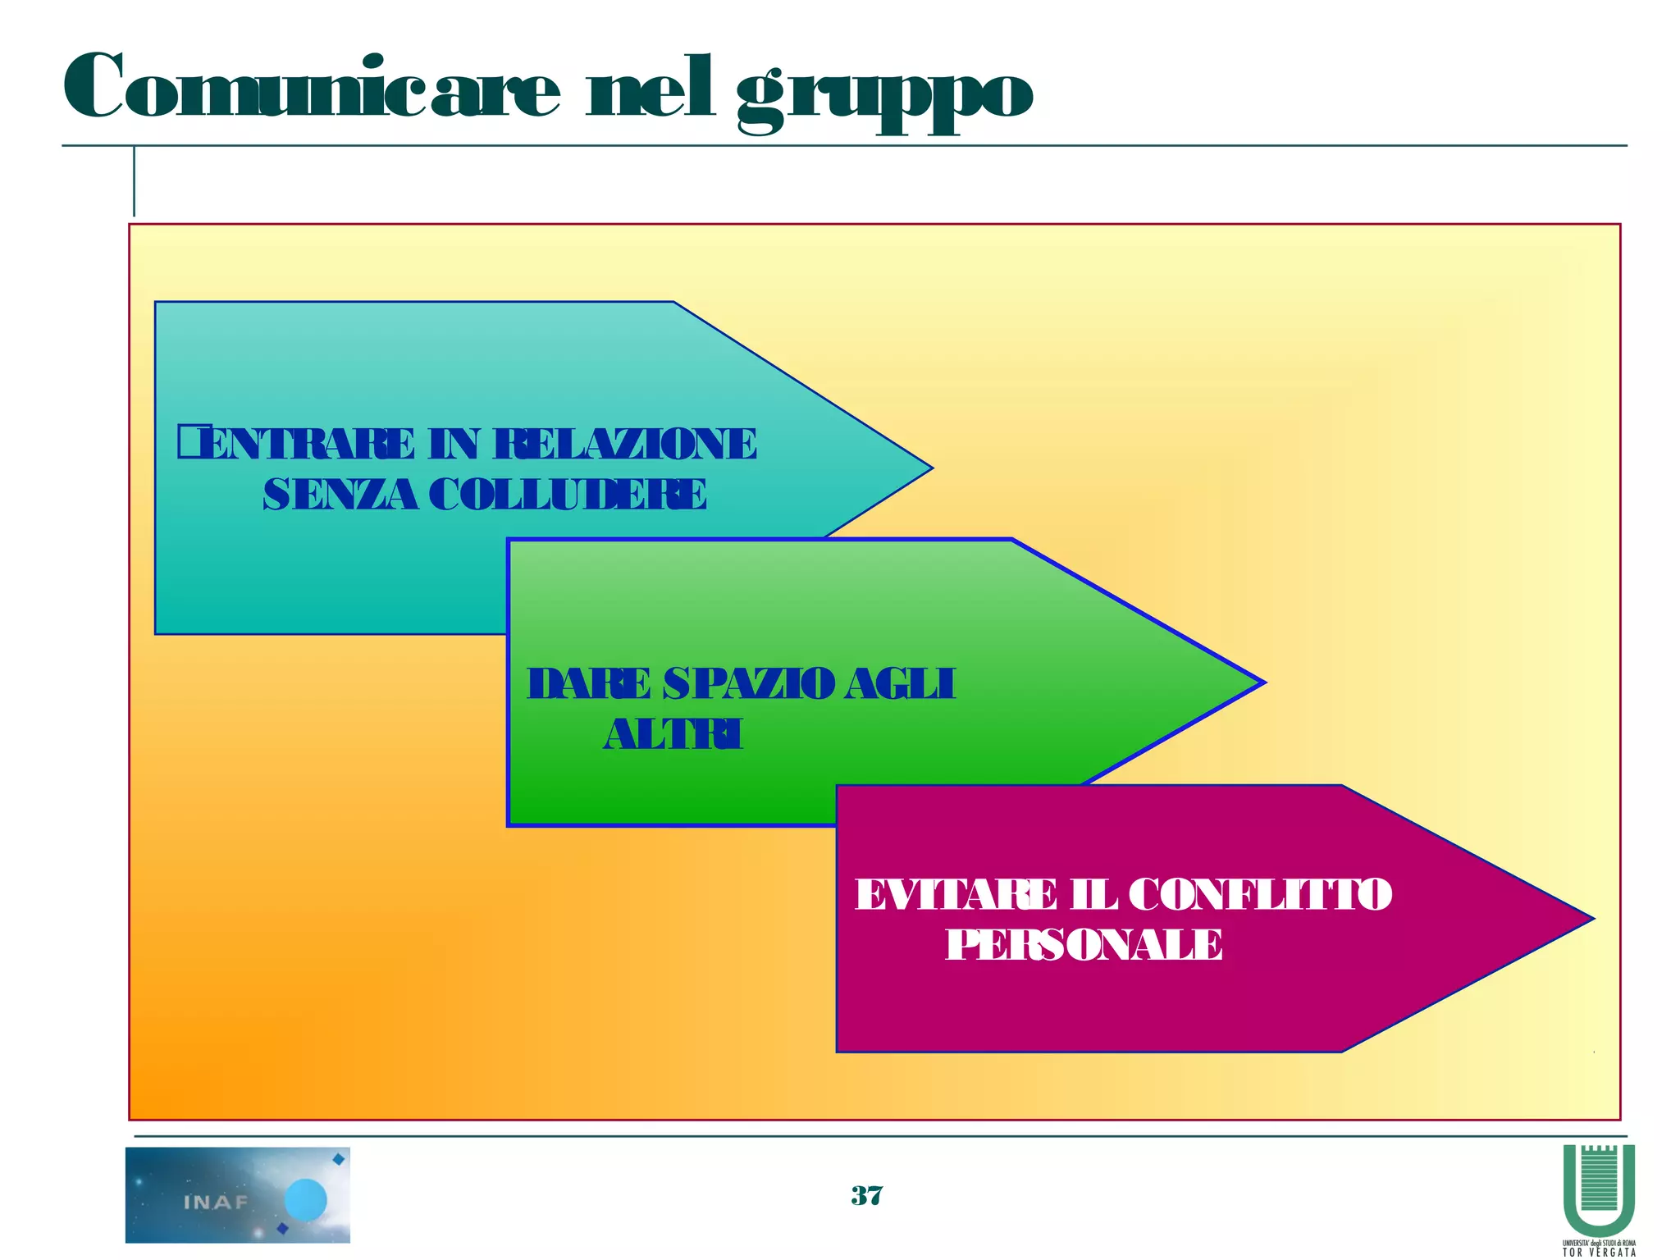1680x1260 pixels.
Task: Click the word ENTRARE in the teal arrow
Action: (x=308, y=445)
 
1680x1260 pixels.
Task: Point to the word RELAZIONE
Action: (x=625, y=445)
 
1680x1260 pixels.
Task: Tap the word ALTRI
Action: (x=673, y=734)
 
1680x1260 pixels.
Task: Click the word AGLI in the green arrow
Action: (x=900, y=684)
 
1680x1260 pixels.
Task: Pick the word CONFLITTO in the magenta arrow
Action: (x=1260, y=895)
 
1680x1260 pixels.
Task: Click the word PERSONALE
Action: (x=1084, y=945)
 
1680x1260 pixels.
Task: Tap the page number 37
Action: (x=867, y=1196)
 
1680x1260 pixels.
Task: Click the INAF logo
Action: (x=238, y=1194)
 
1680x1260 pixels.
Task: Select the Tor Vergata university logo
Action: (x=1599, y=1198)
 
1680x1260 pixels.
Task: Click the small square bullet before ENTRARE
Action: (x=188, y=441)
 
